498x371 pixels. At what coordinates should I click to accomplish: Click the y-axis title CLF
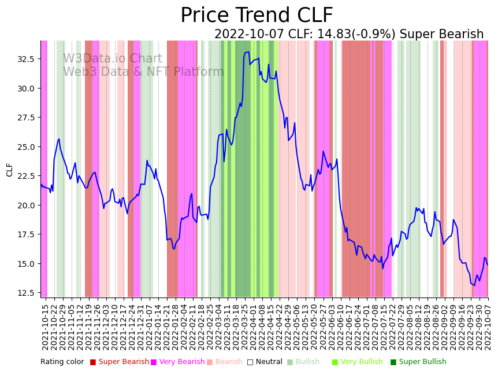(x=10, y=169)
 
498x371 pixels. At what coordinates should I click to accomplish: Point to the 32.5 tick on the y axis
(x=25, y=59)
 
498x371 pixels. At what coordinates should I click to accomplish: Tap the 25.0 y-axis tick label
(x=25, y=147)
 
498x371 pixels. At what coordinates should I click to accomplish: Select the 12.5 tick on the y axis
(x=25, y=293)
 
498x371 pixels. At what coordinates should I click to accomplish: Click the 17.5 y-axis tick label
(x=25, y=234)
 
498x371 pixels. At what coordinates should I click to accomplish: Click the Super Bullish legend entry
(x=422, y=362)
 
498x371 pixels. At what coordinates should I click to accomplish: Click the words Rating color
(x=62, y=362)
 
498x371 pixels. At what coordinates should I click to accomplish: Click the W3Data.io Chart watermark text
(x=113, y=59)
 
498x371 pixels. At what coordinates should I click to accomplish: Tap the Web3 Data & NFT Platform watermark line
(x=143, y=72)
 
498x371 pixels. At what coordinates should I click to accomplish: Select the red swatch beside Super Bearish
(x=93, y=362)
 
